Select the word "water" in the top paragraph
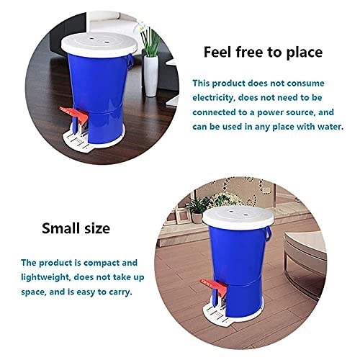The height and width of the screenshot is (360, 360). coord(327,125)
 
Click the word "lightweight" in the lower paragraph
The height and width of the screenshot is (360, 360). coord(48,279)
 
